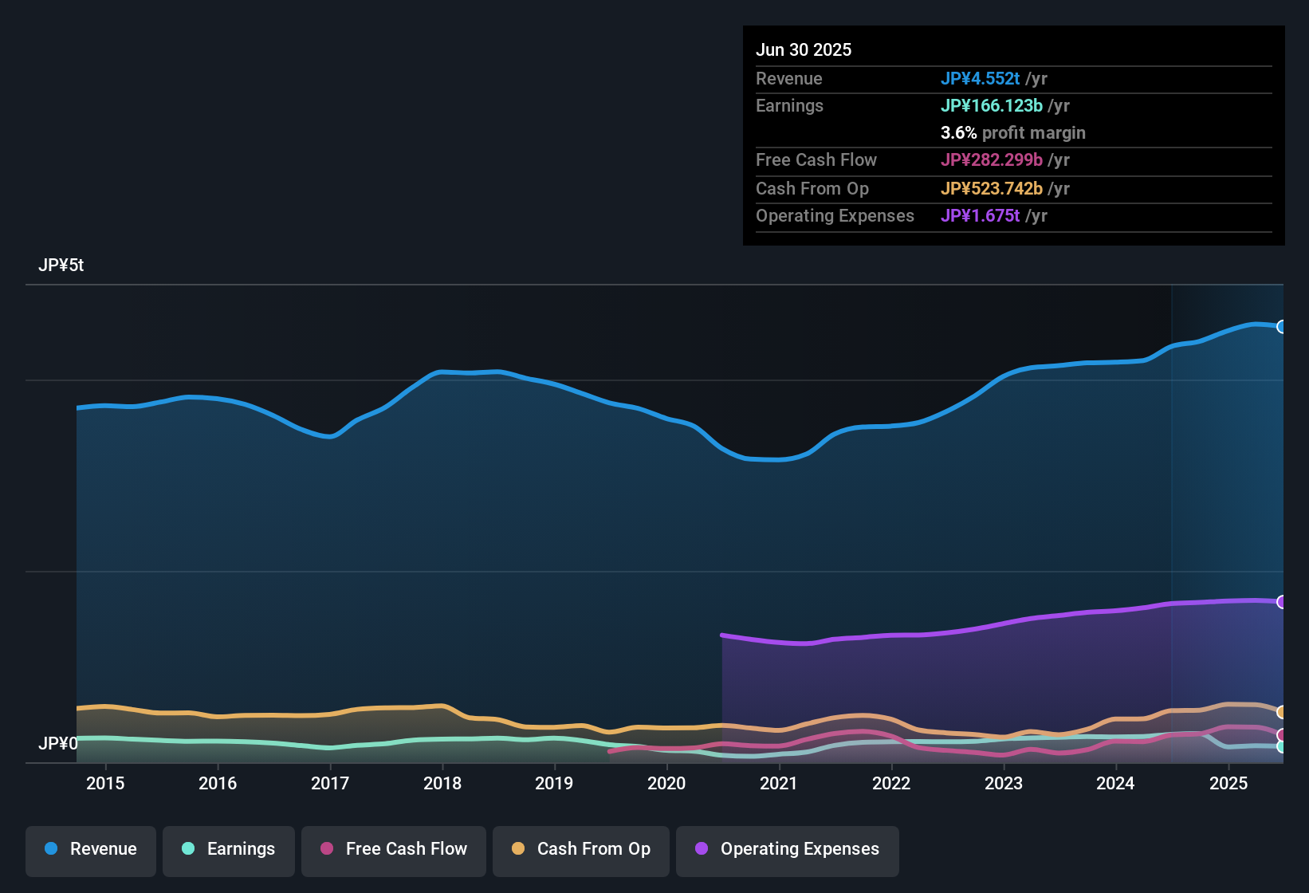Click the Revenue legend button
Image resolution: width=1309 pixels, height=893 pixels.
[91, 849]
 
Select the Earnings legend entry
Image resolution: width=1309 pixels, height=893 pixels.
[229, 849]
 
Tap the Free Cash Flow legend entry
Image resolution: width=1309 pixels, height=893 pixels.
[394, 849]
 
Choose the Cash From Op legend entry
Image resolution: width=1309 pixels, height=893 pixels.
[581, 849]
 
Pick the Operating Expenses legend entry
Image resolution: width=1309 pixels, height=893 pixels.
[788, 849]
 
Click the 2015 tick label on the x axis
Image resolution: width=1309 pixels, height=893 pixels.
[105, 783]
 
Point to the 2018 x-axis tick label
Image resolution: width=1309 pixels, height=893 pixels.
[442, 783]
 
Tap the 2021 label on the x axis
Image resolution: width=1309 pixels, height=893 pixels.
[779, 783]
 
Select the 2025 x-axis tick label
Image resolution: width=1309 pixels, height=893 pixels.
[1228, 783]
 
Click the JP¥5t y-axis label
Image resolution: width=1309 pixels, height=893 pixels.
[61, 266]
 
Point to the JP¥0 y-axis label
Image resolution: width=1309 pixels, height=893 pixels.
[58, 744]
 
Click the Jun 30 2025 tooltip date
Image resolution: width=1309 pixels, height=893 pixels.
[804, 50]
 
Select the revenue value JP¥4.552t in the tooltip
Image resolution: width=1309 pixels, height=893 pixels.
[980, 79]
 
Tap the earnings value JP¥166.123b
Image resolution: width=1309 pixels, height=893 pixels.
[991, 106]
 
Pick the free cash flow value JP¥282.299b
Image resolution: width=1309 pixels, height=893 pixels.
[991, 160]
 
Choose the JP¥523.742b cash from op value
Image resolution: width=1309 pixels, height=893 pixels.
[991, 189]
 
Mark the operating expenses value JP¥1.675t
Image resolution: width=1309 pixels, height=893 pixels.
[980, 216]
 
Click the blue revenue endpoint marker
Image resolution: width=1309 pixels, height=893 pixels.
[1282, 327]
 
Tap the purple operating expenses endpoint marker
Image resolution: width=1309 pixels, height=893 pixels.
[1282, 602]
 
